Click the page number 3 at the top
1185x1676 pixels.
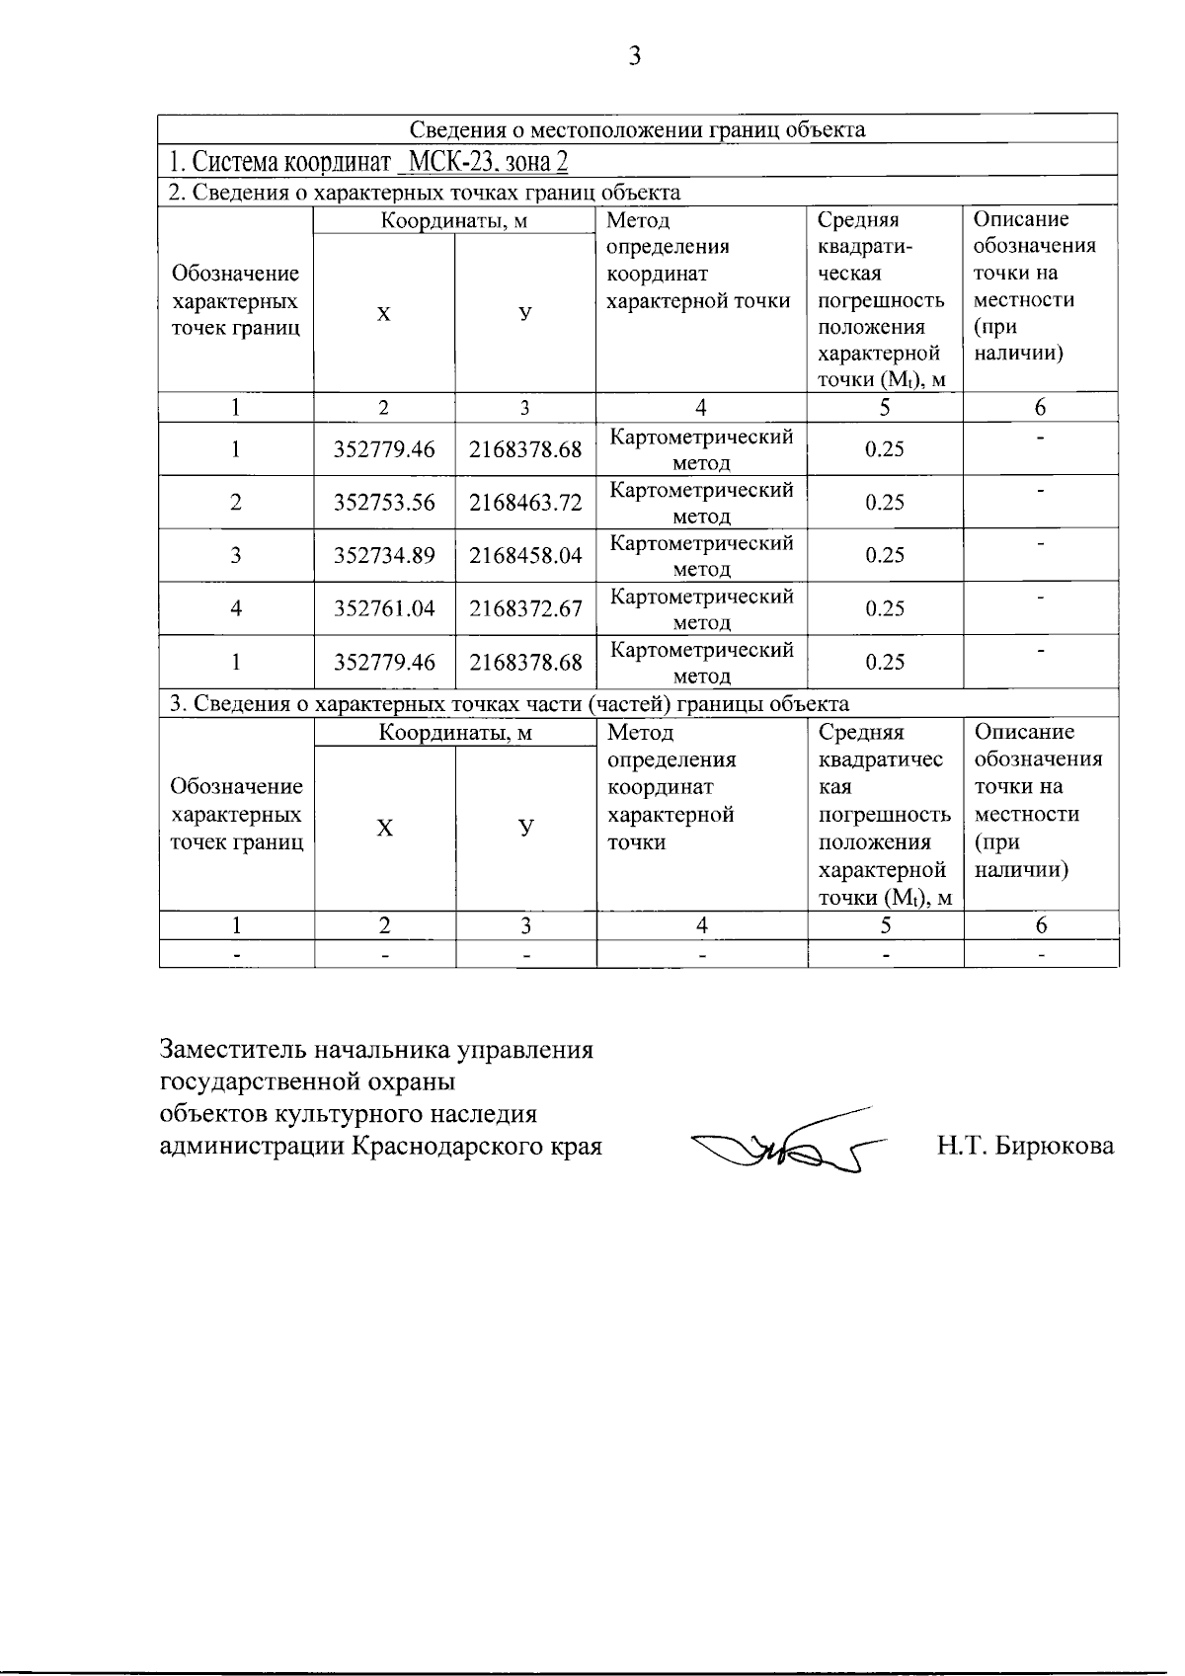[635, 56]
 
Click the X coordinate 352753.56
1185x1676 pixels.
[384, 503]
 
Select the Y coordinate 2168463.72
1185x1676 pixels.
[525, 503]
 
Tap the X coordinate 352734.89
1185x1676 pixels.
[384, 556]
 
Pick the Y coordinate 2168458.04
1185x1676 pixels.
[525, 556]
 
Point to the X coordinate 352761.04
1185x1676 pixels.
[384, 609]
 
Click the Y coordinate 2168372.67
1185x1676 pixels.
[525, 609]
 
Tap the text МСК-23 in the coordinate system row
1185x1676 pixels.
[449, 161]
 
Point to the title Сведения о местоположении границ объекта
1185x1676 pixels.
[638, 129]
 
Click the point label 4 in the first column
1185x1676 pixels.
[236, 609]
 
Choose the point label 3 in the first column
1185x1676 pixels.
[236, 556]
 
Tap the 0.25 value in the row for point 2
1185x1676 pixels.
[885, 503]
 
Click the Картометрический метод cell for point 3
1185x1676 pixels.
[701, 556]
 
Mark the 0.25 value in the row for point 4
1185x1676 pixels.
[885, 609]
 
